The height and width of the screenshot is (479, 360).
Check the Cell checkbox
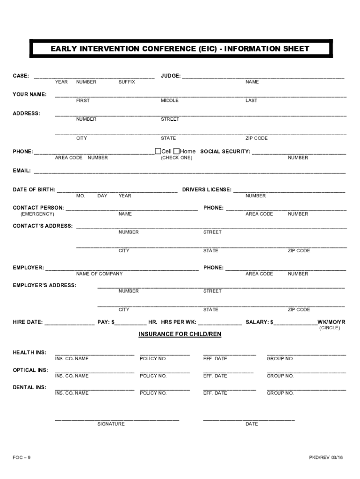coord(158,151)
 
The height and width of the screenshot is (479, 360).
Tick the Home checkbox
coord(176,151)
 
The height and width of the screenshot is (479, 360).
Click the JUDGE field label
coord(171,76)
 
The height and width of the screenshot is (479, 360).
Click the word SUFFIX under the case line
coord(127,82)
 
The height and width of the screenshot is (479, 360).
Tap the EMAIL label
coord(22,171)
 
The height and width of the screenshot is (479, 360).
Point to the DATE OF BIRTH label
coord(34,190)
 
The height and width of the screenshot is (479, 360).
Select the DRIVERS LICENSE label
coord(207,190)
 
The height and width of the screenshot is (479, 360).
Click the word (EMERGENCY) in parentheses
coord(37,214)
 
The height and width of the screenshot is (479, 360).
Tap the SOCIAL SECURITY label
coord(225,152)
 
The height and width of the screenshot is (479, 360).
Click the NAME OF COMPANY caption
coord(100,274)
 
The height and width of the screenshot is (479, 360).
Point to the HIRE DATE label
coord(28,322)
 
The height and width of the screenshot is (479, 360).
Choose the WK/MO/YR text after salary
coord(331,322)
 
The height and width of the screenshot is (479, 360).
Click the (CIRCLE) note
coord(330,328)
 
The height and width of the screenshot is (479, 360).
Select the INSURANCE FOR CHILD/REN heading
coord(180,334)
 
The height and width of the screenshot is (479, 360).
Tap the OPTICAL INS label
coord(30,370)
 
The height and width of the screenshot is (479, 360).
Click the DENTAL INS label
coord(29,388)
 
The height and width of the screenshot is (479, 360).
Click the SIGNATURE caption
coord(111,424)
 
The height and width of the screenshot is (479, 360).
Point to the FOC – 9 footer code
coord(22,457)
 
